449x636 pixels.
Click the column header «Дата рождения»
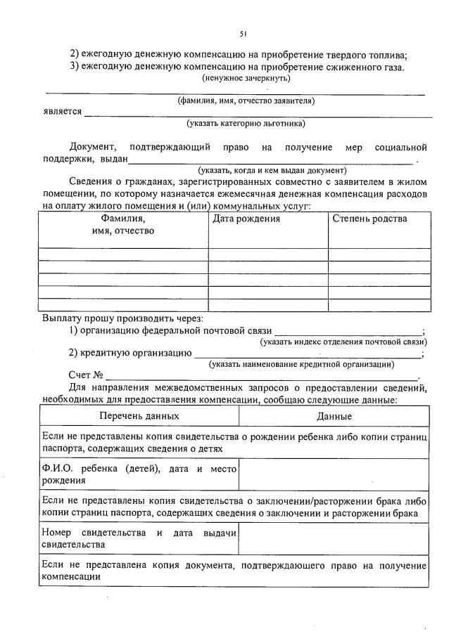(246, 219)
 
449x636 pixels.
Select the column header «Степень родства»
(369, 219)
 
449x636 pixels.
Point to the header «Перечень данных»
(139, 416)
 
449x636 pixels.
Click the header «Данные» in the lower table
(334, 416)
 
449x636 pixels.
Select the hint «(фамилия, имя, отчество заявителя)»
(246, 100)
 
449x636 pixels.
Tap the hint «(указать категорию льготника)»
(246, 124)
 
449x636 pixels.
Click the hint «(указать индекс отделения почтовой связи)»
(343, 342)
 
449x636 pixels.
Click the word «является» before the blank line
(61, 112)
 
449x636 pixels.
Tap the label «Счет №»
(87, 375)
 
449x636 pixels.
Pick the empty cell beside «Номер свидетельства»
(334, 538)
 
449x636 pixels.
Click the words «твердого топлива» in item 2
(370, 54)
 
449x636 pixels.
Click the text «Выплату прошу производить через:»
(122, 318)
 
